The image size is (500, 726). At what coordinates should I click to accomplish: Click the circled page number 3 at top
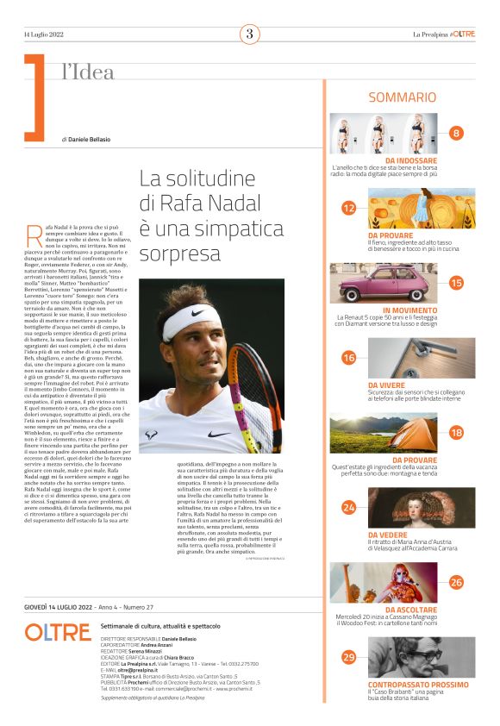(249, 34)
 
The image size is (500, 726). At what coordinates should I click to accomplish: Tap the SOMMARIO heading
(402, 98)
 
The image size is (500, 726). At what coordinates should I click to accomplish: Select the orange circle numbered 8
(456, 133)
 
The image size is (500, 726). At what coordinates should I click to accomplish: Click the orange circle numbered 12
(348, 208)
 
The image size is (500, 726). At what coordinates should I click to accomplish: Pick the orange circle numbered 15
(456, 282)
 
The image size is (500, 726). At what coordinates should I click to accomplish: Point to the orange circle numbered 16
(348, 357)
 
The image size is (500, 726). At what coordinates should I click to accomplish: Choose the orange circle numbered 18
(456, 432)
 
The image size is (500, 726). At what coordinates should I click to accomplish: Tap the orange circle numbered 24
(348, 507)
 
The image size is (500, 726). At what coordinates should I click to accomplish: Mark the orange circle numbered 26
(456, 582)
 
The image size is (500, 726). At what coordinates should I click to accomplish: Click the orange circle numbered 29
(348, 657)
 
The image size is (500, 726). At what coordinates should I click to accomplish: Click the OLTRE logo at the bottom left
(58, 632)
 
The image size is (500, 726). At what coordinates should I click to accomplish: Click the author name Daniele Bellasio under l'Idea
(91, 139)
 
